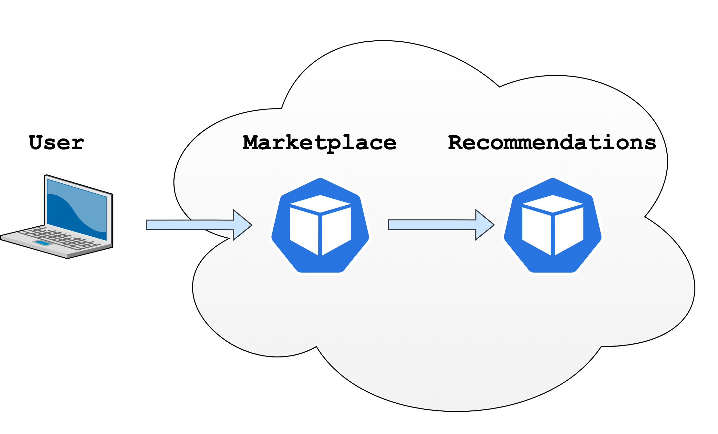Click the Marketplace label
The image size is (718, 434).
click(319, 143)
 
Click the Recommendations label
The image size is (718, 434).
click(552, 143)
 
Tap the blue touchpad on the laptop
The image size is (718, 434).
click(42, 243)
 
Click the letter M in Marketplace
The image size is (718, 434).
click(252, 143)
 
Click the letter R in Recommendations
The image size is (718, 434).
click(456, 143)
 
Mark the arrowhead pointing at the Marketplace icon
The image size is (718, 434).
click(242, 225)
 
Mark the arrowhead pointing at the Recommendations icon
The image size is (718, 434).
click(484, 225)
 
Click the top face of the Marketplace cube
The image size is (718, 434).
click(320, 204)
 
